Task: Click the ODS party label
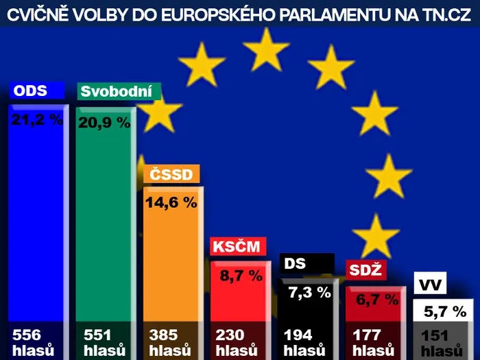37,91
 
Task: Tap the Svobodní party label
119,91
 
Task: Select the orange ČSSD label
171,174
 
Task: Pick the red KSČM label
238,246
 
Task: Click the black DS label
307,263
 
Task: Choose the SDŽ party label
365,270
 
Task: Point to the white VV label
430,283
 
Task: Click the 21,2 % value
37,119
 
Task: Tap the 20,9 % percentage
104,123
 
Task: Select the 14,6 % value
171,202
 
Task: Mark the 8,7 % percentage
241,276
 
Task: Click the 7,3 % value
310,292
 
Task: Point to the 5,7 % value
445,311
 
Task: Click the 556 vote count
27,335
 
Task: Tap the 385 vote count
163,335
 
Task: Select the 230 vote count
230,335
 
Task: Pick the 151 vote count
435,336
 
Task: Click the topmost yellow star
266,49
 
